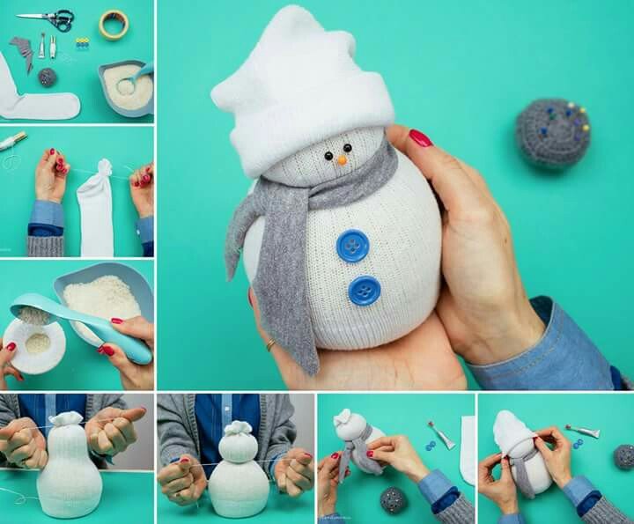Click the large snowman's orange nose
click(340, 159)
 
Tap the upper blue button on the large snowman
click(352, 246)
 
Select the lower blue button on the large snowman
click(364, 291)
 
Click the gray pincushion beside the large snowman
click(552, 133)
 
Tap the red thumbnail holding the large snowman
click(420, 137)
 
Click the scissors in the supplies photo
click(48, 18)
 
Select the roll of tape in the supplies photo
click(113, 24)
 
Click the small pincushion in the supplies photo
click(47, 77)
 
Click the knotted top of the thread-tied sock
click(104, 168)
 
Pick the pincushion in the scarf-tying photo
click(393, 499)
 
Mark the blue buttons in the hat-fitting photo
click(579, 443)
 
